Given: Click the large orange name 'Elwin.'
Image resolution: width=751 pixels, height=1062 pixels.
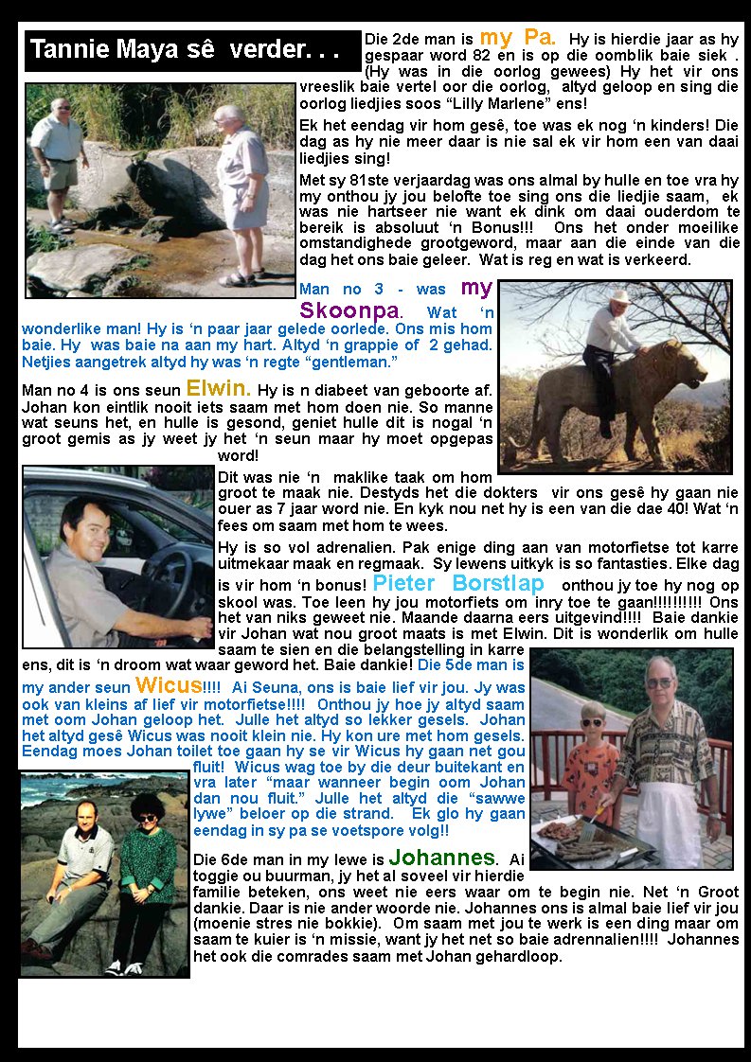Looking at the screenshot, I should [x=218, y=387].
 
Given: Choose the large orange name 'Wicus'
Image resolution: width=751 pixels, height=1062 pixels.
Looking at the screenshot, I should [x=169, y=684].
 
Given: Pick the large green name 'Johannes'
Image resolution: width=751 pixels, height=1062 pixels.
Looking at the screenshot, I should [x=441, y=858].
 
